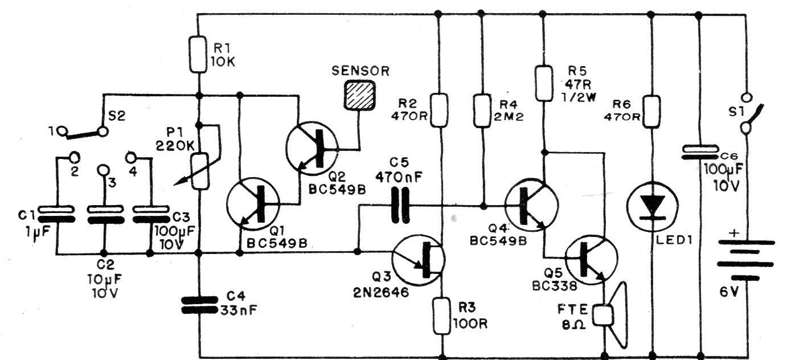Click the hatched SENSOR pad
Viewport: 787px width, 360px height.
(x=359, y=95)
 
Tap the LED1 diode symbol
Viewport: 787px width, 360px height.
(x=653, y=207)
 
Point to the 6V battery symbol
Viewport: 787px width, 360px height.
(x=746, y=260)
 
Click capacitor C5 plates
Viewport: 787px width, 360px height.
(x=400, y=205)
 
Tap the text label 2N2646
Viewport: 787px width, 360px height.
(x=381, y=292)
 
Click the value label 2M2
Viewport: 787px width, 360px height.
(x=509, y=116)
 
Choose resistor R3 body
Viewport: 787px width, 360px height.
(x=442, y=316)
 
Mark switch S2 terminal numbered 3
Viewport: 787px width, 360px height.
(x=103, y=170)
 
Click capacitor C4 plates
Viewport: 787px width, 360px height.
(x=199, y=305)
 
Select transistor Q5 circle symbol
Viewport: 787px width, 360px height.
(x=591, y=260)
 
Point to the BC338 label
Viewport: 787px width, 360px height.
(x=555, y=286)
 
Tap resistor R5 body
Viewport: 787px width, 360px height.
(x=544, y=84)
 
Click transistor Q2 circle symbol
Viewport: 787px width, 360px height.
(x=312, y=149)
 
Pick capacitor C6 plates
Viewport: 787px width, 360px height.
(x=699, y=152)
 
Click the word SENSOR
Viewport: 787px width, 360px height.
(x=360, y=71)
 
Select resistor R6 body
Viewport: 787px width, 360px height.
(x=651, y=112)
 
